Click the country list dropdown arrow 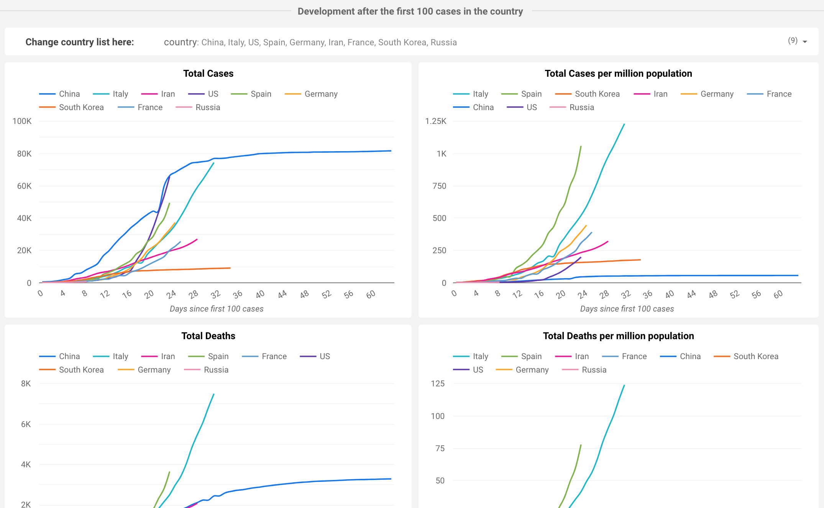[805, 42]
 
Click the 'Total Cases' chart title [208, 73]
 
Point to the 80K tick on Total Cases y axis [24, 154]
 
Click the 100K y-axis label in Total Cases [22, 121]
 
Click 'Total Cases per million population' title [618, 73]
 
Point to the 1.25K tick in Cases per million [436, 121]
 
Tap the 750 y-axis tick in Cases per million [439, 186]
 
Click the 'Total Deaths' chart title [208, 336]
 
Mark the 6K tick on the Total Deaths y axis [26, 424]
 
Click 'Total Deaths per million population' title [618, 336]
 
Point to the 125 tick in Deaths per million [438, 384]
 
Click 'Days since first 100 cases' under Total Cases [217, 309]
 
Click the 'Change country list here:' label [80, 42]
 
